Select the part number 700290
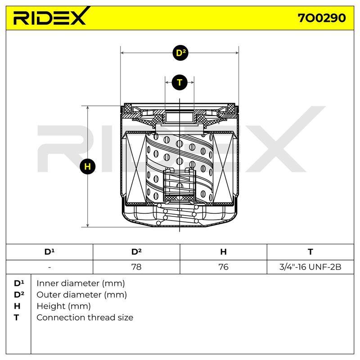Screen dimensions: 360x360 (322, 18)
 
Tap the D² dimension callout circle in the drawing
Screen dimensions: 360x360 (180, 53)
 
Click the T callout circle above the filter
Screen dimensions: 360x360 (180, 82)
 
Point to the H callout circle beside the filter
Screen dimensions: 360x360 (87, 166)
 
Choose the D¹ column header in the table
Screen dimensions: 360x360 (49, 252)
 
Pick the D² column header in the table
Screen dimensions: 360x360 (136, 252)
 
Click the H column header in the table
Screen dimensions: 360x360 (223, 252)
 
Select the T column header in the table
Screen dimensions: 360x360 (310, 252)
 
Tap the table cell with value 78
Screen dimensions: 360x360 (136, 267)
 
